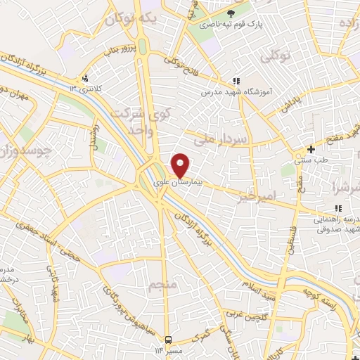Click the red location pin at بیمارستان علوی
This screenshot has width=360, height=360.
181,165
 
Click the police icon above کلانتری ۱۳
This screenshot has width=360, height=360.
86,77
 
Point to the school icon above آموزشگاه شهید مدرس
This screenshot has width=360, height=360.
237,82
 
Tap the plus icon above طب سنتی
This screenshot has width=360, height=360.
311,149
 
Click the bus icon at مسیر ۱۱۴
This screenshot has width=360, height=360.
167,339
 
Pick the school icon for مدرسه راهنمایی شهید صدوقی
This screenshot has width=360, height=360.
338,208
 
